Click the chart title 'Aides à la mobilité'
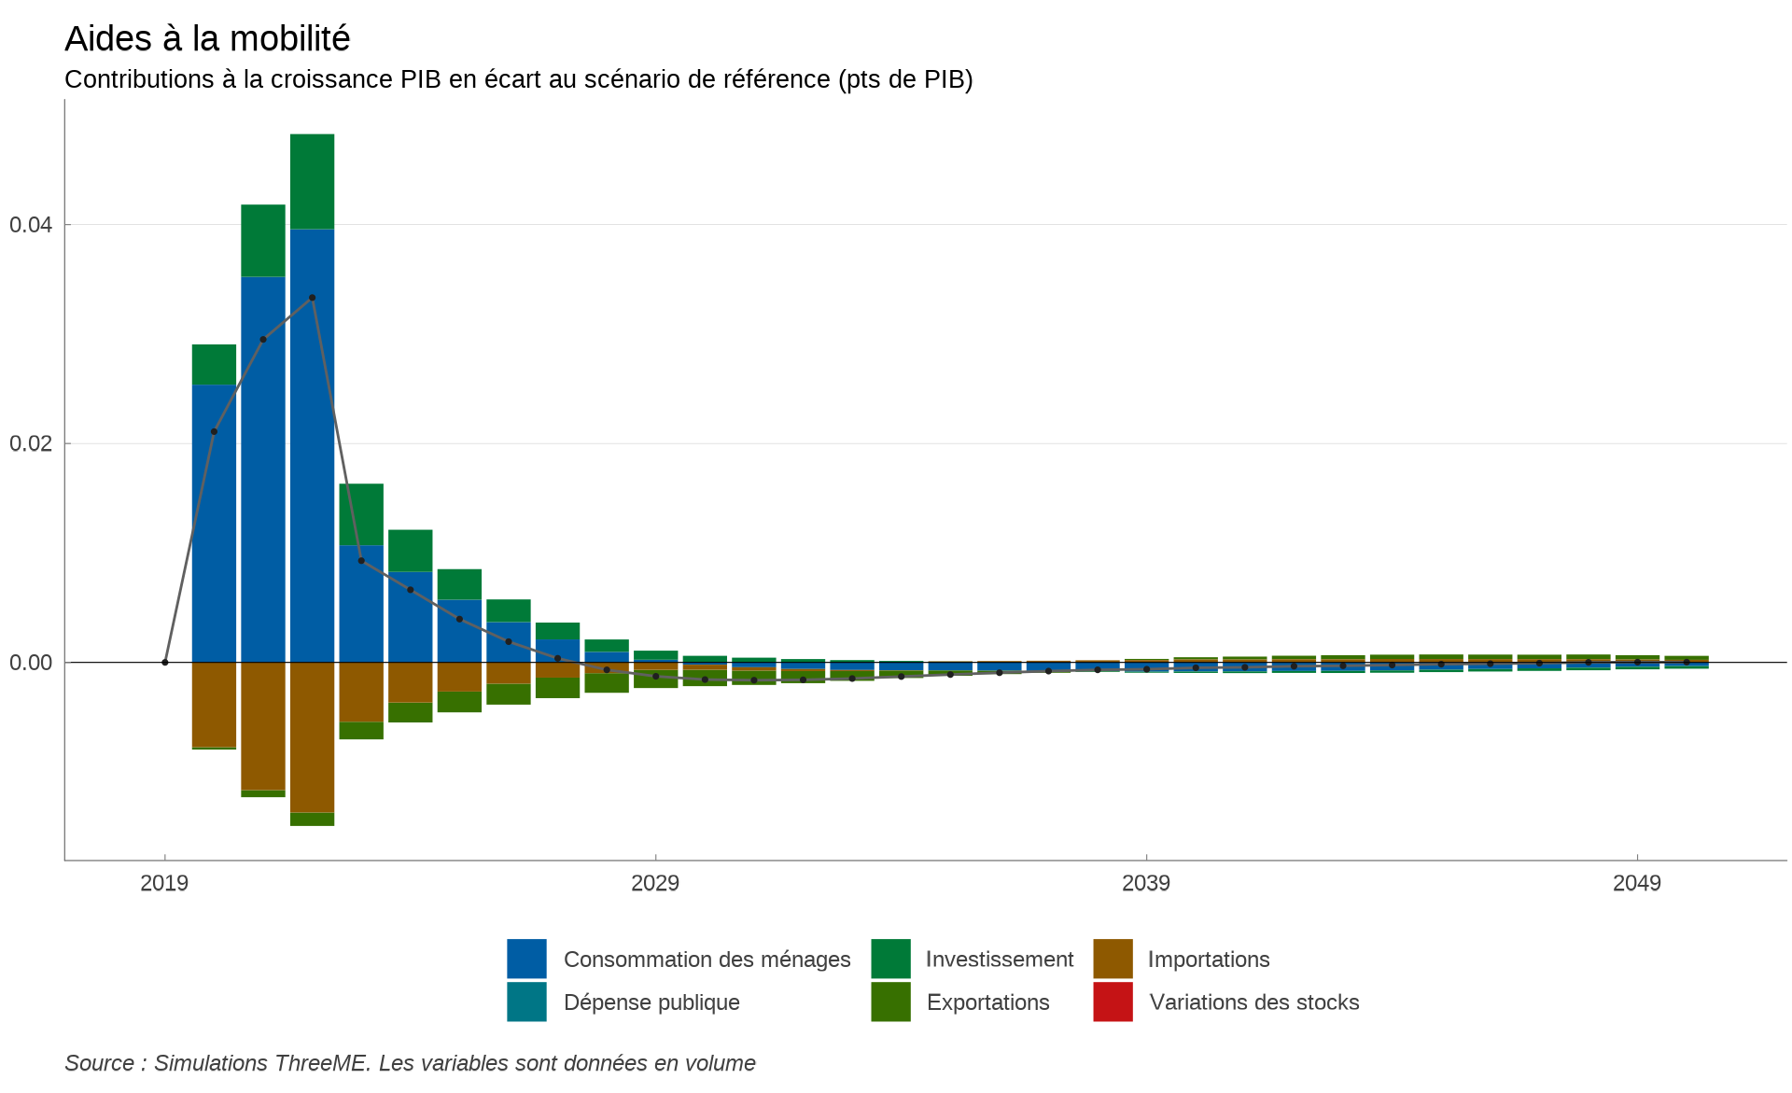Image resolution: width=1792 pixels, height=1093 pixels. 207,39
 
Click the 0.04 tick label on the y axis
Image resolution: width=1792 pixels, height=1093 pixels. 30,225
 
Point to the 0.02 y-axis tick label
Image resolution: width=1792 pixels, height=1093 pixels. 30,443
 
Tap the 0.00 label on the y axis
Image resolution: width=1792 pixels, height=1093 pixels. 30,663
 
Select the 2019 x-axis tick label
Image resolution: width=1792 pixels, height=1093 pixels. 164,883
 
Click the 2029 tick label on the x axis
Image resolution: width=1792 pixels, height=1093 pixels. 655,883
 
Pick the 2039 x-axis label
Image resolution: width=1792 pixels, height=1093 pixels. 1146,883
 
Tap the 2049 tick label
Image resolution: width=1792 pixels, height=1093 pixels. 1637,883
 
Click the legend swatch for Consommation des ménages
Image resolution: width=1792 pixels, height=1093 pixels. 526,959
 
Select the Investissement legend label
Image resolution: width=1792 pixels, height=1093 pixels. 999,960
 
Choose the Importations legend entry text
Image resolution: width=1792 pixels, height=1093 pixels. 1209,960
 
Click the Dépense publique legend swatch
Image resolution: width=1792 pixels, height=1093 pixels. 526,1002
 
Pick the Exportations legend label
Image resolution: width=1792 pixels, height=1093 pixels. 987,1002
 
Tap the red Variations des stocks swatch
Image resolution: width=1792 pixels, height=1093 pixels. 1113,1002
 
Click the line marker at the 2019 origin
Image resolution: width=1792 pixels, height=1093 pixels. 165,663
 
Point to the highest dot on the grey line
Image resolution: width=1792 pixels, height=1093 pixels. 312,298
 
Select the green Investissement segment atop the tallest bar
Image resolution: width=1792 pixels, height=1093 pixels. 312,181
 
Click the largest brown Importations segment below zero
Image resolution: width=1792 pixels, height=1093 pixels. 312,737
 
